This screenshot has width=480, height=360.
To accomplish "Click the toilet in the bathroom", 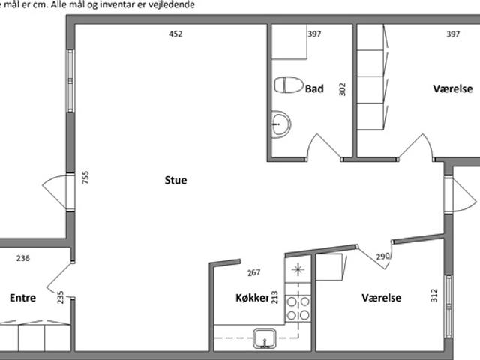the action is click(289, 85).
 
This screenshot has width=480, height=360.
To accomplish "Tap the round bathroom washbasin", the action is click(280, 124).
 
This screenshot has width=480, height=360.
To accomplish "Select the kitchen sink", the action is click(265, 338).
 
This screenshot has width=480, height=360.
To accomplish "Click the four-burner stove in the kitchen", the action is click(298, 308).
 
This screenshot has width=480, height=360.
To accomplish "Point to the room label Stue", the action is click(175, 180).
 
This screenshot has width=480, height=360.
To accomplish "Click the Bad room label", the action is click(314, 88).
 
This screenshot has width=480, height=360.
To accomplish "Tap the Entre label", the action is click(22, 298).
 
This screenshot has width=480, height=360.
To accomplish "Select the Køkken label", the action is click(252, 298).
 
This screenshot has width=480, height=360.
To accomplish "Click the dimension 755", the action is click(85, 178).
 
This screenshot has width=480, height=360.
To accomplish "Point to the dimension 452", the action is click(175, 34).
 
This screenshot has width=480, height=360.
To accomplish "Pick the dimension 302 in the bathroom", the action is click(343, 89).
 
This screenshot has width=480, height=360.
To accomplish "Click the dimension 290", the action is click(382, 256).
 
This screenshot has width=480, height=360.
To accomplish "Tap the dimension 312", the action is click(434, 295).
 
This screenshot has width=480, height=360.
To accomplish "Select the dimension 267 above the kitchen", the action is click(253, 272).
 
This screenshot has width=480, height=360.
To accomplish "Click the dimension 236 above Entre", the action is click(23, 258).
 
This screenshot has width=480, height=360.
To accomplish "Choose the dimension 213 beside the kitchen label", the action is click(274, 297).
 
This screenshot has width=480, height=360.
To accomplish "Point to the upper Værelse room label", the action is click(453, 88).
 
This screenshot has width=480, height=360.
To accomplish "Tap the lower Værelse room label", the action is click(382, 298).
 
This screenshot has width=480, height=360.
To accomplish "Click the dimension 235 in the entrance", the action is click(60, 297).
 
